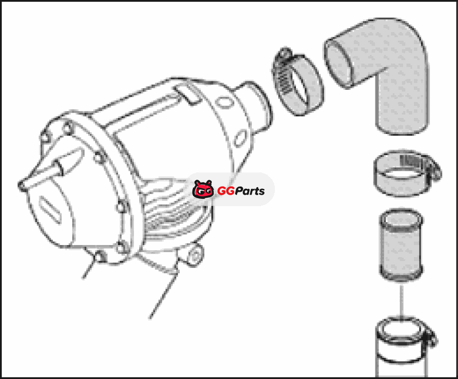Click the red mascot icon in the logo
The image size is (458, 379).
pos(203,189)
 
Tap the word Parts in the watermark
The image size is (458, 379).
pos(250,191)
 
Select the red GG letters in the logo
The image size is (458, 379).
pos(226,191)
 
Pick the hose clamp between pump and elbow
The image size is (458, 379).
pos(297,82)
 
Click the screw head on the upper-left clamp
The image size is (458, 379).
pos(285,53)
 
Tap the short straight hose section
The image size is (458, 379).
pos(401,244)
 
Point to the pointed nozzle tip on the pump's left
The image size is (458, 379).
pos(21,185)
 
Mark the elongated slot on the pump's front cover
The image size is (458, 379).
pos(50,210)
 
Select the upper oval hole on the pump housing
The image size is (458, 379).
pos(224,103)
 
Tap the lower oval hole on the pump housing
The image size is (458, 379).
pos(240,138)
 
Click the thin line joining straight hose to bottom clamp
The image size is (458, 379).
pos(402,301)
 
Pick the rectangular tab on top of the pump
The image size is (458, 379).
pos(188,93)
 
